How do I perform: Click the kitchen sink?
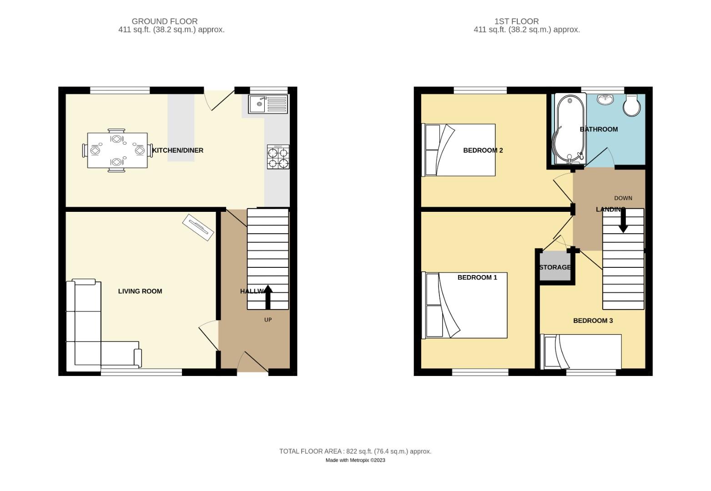pyautogui.click(x=268, y=104)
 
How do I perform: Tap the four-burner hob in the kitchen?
pyautogui.click(x=278, y=157)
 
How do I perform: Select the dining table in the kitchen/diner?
pyautogui.click(x=117, y=150)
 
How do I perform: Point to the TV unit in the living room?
pyautogui.click(x=198, y=227)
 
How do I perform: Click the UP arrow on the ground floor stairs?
pyautogui.click(x=267, y=297)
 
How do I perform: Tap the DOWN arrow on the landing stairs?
pyautogui.click(x=623, y=221)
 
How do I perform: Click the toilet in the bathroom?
pyautogui.click(x=632, y=105)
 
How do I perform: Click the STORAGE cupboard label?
pyautogui.click(x=555, y=267)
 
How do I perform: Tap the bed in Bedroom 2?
pyautogui.click(x=459, y=150)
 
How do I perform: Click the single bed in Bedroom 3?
pyautogui.click(x=581, y=352)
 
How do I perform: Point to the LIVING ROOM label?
pyautogui.click(x=140, y=291)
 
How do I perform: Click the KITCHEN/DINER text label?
pyautogui.click(x=178, y=150)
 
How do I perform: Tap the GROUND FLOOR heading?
pyautogui.click(x=165, y=21)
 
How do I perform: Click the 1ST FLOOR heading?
pyautogui.click(x=516, y=21)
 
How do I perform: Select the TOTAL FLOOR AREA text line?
pyautogui.click(x=355, y=451)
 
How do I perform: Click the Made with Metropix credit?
pyautogui.click(x=355, y=460)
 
